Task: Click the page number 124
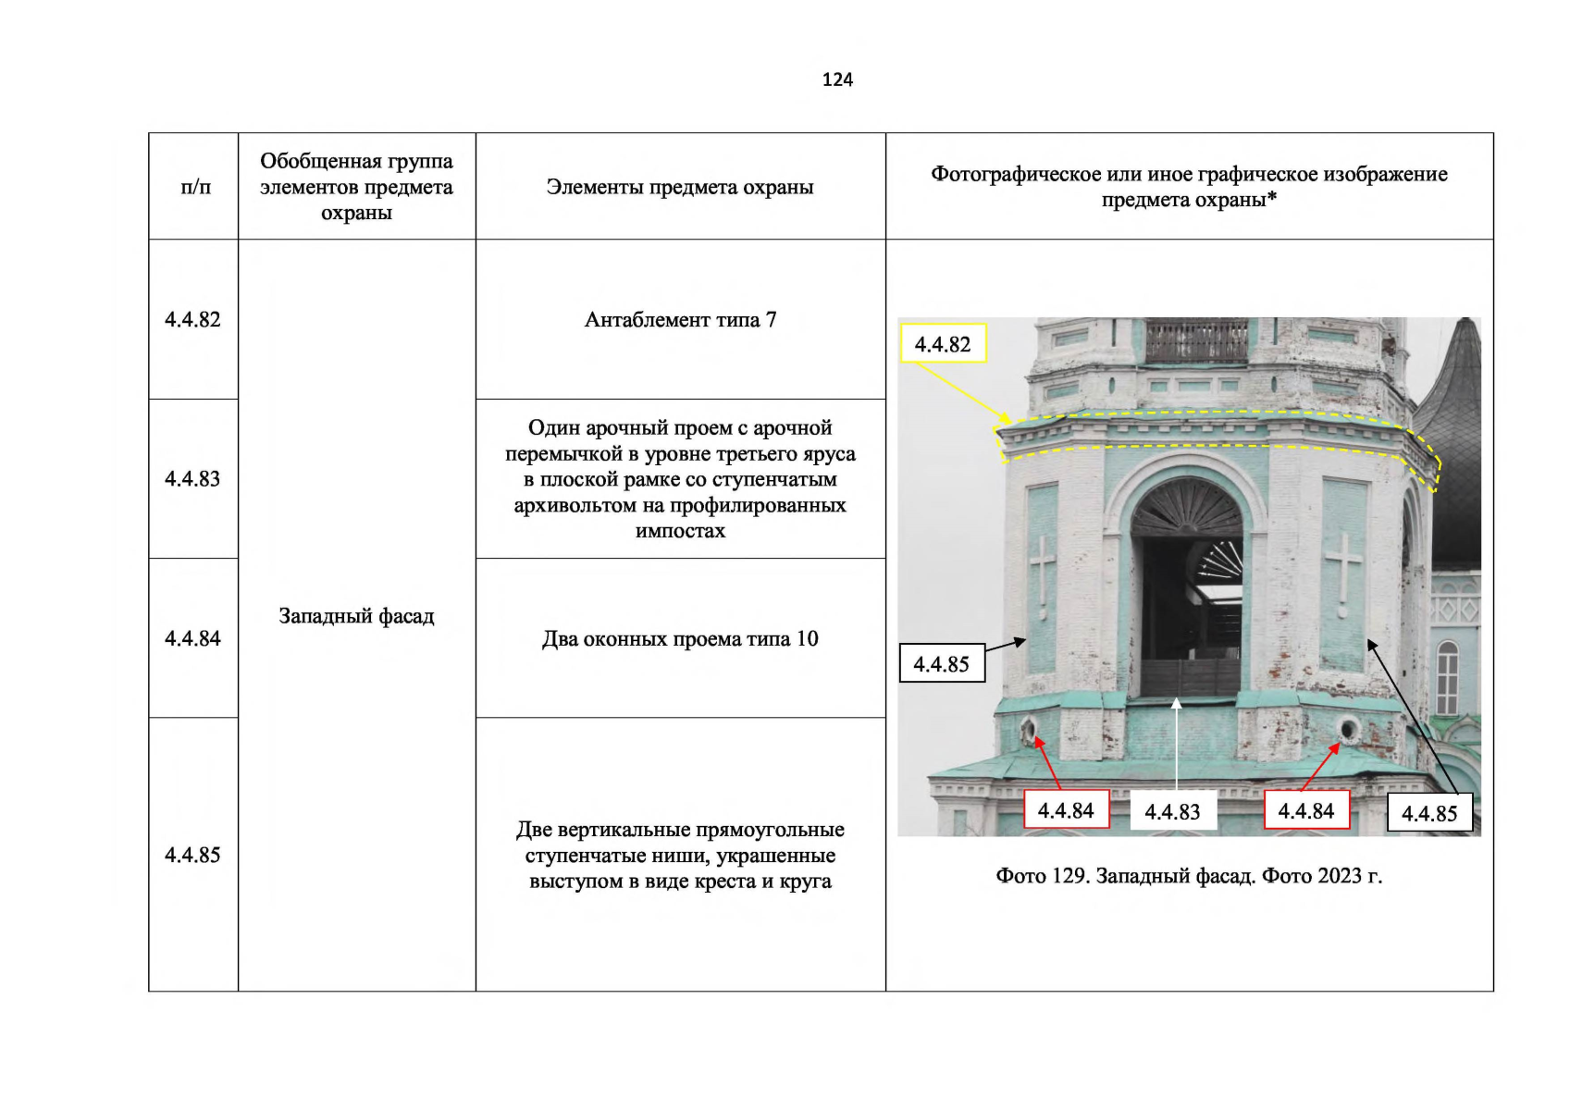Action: tap(837, 80)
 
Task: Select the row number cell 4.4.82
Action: tap(192, 319)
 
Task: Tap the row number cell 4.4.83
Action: tap(192, 478)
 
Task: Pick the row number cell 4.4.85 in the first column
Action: tap(192, 854)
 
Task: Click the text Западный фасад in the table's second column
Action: tap(357, 616)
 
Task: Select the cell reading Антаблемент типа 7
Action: tap(681, 319)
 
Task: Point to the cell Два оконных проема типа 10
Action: tap(681, 638)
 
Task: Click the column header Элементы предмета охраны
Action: tap(681, 187)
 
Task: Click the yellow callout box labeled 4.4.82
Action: tap(944, 343)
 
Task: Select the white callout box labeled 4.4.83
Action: tap(1173, 811)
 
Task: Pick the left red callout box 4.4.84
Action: tap(1066, 810)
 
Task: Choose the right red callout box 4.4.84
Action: tap(1306, 810)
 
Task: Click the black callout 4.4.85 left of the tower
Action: tap(942, 663)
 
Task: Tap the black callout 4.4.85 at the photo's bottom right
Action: tap(1429, 813)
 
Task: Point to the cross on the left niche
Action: tap(1043, 573)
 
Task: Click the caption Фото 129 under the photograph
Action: tap(1189, 876)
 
